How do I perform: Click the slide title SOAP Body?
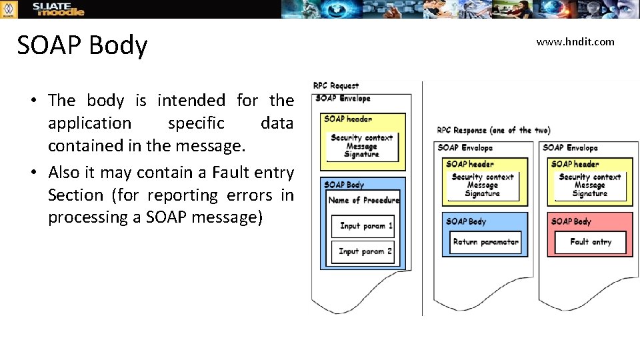[82, 45]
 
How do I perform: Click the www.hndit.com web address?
[575, 42]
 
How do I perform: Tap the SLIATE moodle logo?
[59, 9]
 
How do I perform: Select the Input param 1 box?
[363, 226]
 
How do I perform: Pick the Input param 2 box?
[363, 251]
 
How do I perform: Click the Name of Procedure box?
[364, 200]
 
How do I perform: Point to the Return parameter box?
[485, 242]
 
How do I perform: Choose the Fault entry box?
[591, 242]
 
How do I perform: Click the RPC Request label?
[336, 85]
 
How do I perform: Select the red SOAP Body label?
[571, 221]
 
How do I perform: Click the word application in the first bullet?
[90, 123]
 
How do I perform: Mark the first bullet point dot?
[32, 101]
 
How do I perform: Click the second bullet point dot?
[32, 173]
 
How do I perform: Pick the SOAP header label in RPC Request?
[347, 119]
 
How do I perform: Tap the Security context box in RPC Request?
[362, 146]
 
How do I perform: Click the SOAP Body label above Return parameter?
[466, 221]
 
